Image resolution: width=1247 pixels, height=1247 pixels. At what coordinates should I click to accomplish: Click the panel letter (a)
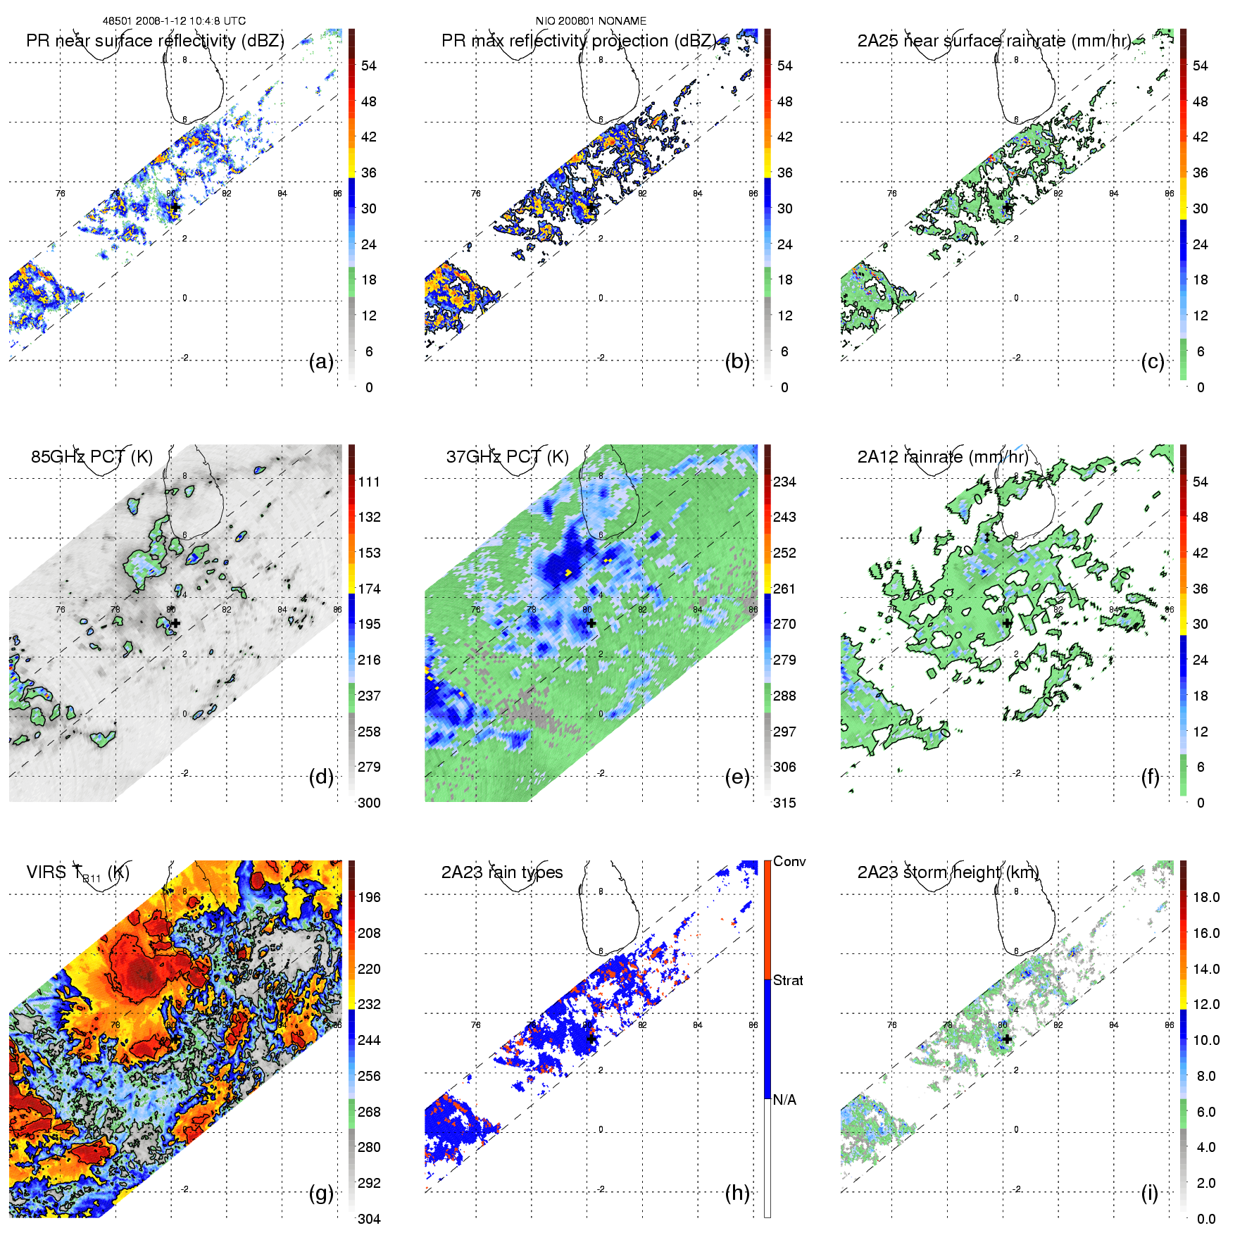tap(321, 362)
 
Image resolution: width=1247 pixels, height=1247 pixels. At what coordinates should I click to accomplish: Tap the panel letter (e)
tap(737, 777)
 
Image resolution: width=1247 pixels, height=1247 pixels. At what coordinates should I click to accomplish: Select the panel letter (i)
tap(1149, 1193)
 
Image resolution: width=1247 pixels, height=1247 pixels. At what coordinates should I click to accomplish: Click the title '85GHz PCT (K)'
tap(92, 457)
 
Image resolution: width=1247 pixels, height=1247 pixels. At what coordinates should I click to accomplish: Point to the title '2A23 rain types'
tap(502, 872)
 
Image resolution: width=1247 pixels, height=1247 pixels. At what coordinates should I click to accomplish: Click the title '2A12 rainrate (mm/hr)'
tap(942, 457)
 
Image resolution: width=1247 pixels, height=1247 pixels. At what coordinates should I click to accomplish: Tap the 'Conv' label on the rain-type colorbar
tap(789, 861)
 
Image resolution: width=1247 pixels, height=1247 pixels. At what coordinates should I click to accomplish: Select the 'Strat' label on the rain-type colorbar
tap(788, 980)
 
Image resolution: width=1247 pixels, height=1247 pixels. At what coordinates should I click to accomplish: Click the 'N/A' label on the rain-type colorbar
tap(784, 1100)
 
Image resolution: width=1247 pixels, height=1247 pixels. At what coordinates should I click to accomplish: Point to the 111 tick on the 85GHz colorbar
tap(369, 482)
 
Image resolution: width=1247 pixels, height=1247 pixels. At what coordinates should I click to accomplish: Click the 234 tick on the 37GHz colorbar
tap(784, 482)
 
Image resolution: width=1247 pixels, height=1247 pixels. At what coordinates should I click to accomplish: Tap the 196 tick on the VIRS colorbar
tap(369, 897)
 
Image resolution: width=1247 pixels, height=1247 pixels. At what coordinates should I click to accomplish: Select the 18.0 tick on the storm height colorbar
tap(1206, 897)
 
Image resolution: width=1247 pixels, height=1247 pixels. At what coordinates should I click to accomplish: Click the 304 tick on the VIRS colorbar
tap(369, 1219)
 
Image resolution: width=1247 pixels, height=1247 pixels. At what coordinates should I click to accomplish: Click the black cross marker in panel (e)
tap(591, 623)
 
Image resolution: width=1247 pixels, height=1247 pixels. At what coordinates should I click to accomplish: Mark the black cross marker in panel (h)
tap(591, 1039)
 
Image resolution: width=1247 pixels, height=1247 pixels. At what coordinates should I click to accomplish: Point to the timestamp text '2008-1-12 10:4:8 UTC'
tap(189, 21)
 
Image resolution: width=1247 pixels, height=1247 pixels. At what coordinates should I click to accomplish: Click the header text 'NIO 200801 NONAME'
tap(591, 21)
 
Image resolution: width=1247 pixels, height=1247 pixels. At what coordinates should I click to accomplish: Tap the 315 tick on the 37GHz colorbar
tap(784, 803)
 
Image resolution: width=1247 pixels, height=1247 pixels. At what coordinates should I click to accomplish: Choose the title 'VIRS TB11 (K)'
tap(77, 873)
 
